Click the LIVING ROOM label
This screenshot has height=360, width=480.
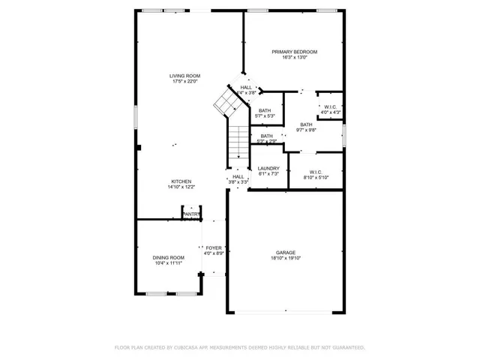[x=184, y=76]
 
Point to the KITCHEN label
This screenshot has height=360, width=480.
[x=181, y=181]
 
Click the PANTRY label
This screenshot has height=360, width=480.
[x=191, y=214]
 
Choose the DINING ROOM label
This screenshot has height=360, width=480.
[x=169, y=257]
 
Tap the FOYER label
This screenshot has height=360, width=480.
[x=214, y=247]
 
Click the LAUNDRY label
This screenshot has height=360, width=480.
[x=268, y=168]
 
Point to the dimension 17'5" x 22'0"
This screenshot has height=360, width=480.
[x=184, y=82]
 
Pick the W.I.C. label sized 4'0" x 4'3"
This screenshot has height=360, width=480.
[x=331, y=106]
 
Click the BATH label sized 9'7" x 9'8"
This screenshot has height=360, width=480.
[x=307, y=124]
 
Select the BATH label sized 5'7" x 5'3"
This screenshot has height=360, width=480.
[x=265, y=110]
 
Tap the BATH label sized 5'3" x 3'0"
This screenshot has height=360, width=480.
[x=266, y=136]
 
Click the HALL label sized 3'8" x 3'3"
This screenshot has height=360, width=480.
[x=238, y=176]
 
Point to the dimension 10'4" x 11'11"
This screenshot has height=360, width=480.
[x=169, y=263]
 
